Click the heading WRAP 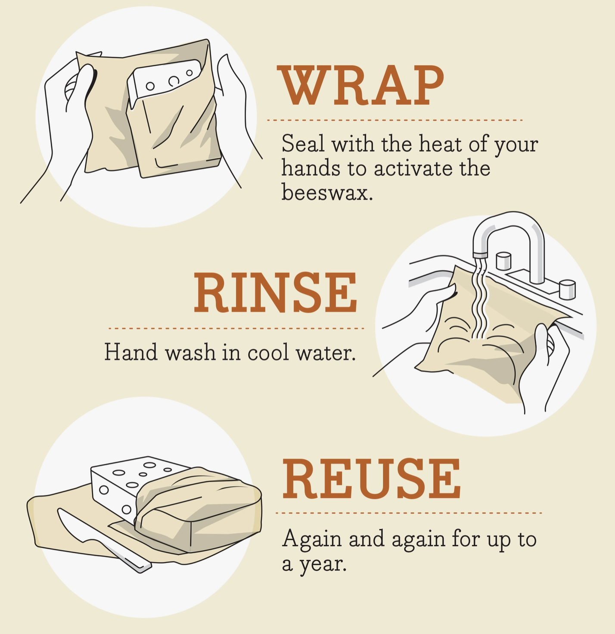(360, 85)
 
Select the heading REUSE (371, 479)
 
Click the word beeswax (327, 192)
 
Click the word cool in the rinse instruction (268, 352)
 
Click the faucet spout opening (480, 255)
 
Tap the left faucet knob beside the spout (503, 261)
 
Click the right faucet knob (567, 289)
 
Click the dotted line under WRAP (395, 120)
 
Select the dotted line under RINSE (236, 328)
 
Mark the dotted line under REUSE (409, 513)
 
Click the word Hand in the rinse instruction (131, 352)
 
